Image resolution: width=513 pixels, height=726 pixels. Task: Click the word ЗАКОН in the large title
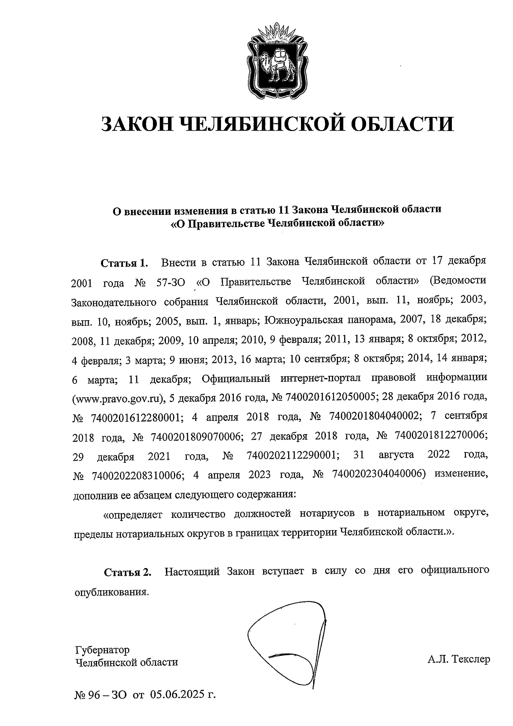tap(136, 124)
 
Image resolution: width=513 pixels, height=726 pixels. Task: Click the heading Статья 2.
tap(128, 573)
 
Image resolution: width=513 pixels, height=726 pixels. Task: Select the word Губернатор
tap(102, 650)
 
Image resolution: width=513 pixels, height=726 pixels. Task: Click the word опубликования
tap(112, 592)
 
